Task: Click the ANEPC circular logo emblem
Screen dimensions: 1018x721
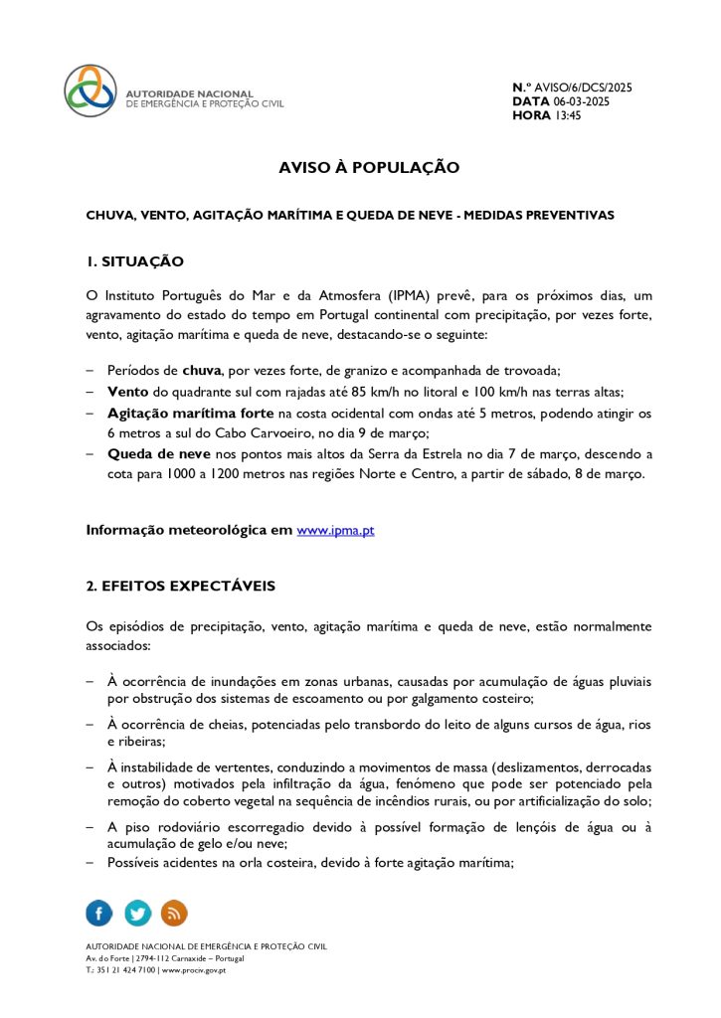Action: coord(90,91)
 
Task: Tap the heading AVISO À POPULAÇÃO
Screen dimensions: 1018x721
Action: coord(369,168)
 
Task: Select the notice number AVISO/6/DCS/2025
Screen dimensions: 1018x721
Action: coord(587,87)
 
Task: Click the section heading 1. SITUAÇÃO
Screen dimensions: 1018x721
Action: coord(135,261)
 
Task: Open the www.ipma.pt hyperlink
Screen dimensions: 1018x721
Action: coord(335,531)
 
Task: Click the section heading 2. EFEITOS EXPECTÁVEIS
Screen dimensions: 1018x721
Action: coord(180,586)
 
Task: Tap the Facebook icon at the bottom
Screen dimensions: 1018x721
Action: coord(99,913)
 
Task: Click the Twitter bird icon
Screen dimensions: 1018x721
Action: coord(137,913)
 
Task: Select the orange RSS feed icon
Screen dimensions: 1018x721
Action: coord(174,913)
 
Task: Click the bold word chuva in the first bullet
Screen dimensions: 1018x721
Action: coord(202,371)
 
